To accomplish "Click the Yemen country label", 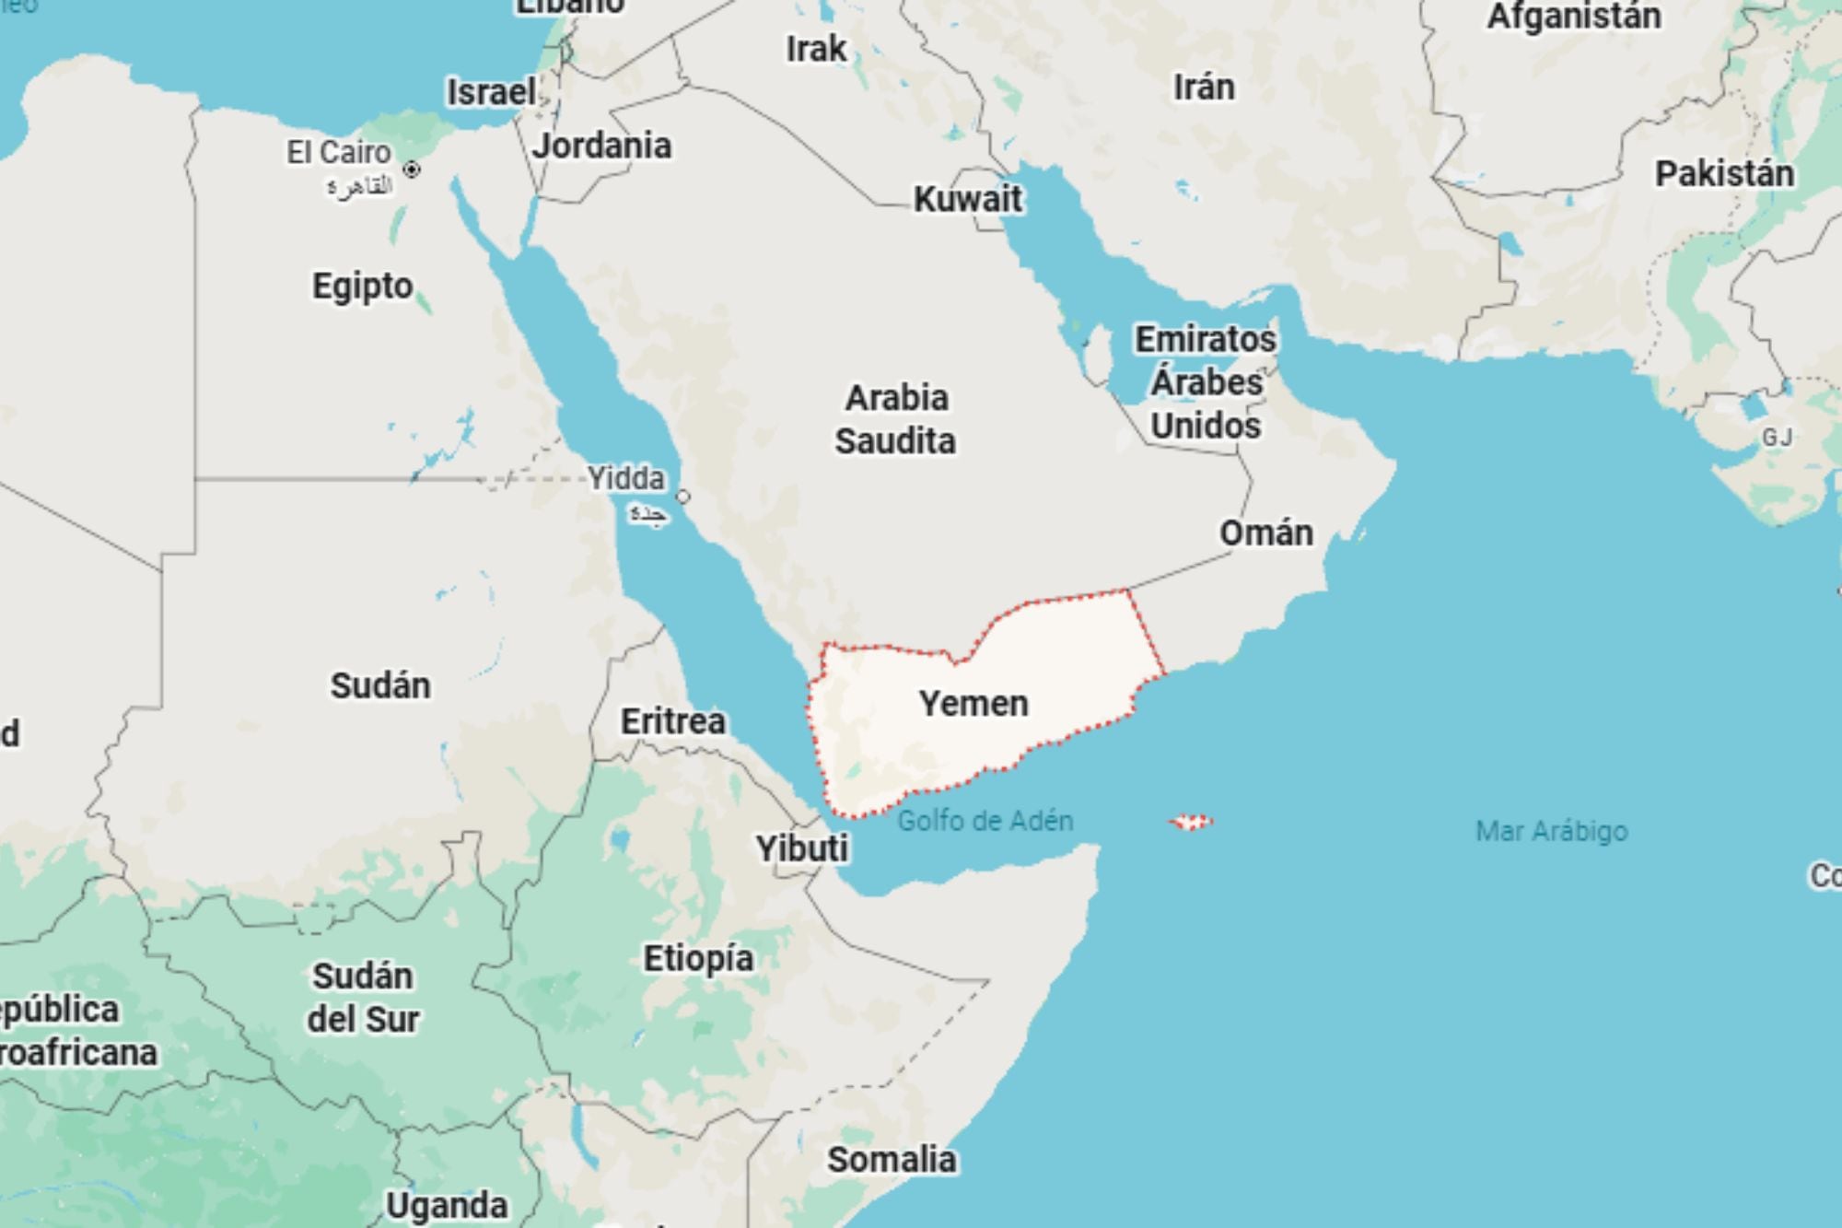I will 973,704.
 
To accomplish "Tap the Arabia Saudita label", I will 895,419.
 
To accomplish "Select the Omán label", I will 1266,533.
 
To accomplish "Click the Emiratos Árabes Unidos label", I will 1206,382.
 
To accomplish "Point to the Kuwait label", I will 968,199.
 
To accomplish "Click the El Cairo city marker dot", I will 412,170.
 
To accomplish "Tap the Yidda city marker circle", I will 682,497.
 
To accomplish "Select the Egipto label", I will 362,286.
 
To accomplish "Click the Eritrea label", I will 672,721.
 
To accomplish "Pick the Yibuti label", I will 802,848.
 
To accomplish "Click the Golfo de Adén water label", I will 985,821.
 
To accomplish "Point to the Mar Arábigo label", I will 1551,832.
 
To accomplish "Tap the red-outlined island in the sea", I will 1192,822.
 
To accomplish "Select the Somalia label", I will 891,1160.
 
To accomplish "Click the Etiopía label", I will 698,959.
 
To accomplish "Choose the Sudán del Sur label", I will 363,998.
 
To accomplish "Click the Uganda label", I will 447,1205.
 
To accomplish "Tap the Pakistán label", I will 1724,174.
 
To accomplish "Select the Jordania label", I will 601,146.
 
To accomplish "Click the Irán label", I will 1204,88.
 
